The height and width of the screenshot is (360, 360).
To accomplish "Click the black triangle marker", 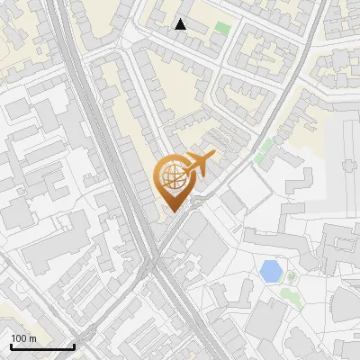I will coord(181,24).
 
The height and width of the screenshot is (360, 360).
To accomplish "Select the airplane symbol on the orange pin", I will coord(199,165).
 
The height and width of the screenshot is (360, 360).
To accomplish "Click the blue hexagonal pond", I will coord(269,270).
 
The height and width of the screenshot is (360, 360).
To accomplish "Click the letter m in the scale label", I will coord(33,338).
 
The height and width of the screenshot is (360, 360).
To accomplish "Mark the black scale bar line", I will coord(42,347).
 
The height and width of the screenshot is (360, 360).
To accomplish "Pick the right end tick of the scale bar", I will coord(74,346).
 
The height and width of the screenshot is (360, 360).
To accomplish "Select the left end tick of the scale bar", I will coord(11,346).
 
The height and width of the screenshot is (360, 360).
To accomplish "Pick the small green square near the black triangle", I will coord(221,29).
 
